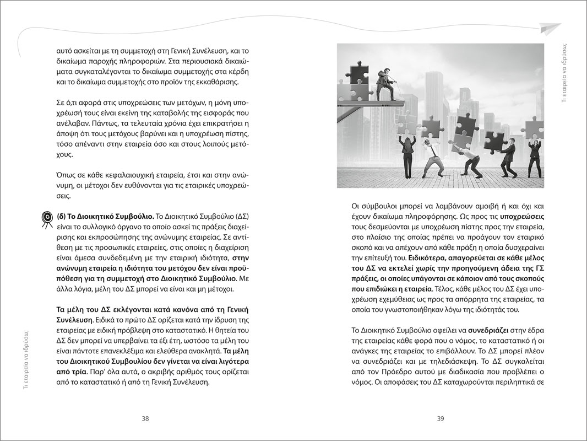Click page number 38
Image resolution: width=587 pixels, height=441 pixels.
coord(145,418)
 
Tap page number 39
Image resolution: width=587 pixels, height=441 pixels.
coord(441,418)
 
